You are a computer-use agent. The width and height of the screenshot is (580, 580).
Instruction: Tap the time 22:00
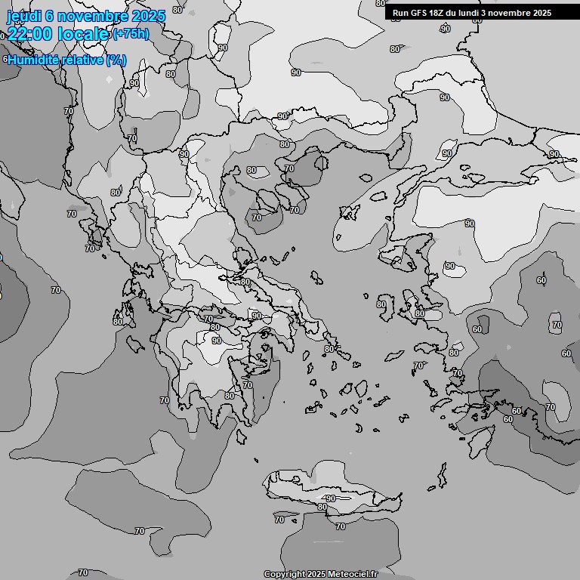[x=30, y=34]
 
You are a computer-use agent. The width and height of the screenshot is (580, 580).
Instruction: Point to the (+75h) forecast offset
[x=131, y=34]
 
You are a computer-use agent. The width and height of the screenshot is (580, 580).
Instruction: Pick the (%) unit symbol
[x=116, y=60]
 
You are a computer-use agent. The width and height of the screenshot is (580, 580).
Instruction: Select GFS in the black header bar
[x=420, y=13]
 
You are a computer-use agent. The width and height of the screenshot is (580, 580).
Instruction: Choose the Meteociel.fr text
[x=353, y=574]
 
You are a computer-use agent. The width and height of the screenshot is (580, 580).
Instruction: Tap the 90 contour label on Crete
[x=330, y=499]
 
